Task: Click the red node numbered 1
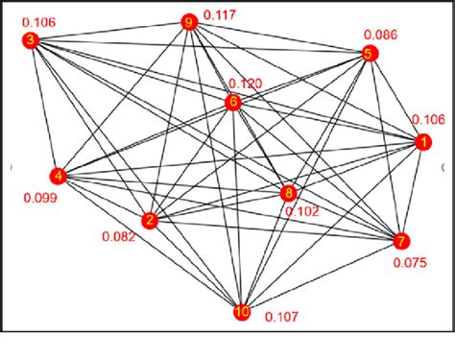point(420,142)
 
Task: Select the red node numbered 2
point(149,221)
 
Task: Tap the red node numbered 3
point(31,40)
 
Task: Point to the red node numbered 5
point(368,55)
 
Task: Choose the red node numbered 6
point(232,102)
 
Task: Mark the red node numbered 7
point(401,240)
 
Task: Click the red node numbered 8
point(289,193)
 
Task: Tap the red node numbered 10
point(242,311)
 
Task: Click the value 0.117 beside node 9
point(223,15)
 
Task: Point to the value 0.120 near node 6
point(246,84)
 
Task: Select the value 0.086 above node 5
point(379,36)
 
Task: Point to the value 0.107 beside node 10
point(282,317)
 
